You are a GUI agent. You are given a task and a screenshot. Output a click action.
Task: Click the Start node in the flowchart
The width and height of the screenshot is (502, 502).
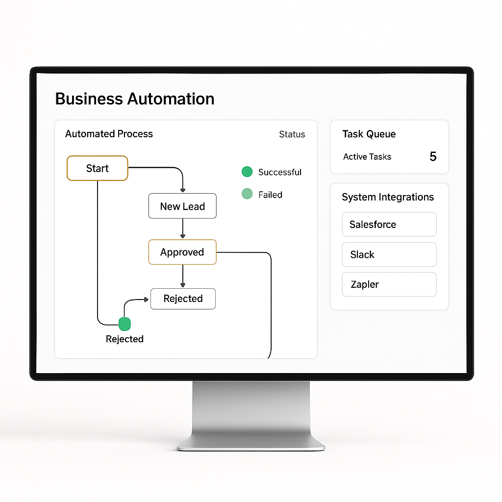point(97,168)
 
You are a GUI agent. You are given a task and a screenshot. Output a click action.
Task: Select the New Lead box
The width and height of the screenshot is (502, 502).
point(182,206)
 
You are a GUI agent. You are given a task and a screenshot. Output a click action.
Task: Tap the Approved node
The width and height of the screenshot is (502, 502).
point(182,252)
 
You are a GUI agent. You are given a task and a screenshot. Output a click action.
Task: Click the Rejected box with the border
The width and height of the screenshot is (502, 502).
point(183,299)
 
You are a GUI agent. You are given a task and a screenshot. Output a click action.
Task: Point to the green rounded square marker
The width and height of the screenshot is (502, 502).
point(125,324)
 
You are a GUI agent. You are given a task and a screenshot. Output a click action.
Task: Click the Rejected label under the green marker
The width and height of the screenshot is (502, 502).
point(125,339)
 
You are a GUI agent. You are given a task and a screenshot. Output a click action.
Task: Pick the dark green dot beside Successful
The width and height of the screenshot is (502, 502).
point(247,172)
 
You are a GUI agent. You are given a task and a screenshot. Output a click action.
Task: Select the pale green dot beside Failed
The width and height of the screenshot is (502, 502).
point(247,194)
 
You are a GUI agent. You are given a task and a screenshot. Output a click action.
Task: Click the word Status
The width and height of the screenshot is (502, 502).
point(292,134)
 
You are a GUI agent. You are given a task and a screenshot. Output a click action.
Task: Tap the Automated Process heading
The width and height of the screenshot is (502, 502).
point(109,134)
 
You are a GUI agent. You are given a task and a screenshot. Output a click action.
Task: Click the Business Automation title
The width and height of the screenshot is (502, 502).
point(135,99)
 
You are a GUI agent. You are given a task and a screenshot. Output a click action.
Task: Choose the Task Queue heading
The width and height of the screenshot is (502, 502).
point(369,134)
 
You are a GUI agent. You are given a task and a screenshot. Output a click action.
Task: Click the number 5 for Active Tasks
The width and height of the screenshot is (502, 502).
point(433,156)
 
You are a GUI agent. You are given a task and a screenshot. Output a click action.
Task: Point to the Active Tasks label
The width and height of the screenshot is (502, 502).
point(367,157)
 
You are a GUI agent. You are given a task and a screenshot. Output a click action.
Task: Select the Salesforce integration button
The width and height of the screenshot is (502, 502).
point(389,225)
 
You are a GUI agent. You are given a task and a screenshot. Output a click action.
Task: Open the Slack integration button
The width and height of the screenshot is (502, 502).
point(389,254)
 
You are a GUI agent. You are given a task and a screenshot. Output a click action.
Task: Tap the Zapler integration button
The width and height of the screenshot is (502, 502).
point(389,284)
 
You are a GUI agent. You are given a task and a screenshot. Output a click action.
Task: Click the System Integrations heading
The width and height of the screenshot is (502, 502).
point(388,197)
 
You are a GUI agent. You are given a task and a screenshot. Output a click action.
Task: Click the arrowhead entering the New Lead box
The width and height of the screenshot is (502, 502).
point(182,190)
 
